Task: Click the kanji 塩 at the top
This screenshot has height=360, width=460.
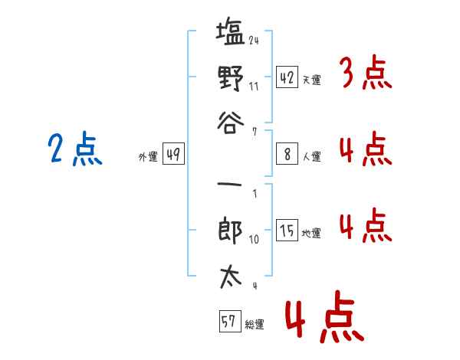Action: point(230,31)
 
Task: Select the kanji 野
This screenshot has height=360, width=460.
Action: point(231,78)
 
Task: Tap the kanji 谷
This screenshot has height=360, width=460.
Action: point(231,123)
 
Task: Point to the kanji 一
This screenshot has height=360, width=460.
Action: point(229,185)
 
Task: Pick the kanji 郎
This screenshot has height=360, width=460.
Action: point(230,230)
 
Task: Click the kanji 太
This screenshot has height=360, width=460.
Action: point(231,277)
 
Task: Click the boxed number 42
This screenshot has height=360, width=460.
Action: point(287,77)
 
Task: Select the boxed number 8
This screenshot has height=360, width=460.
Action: point(287,154)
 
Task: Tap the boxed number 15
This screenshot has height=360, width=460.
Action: point(287,230)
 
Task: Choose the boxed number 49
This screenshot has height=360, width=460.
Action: point(173,154)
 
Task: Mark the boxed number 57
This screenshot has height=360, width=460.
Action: point(230,321)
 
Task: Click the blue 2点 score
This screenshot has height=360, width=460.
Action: point(75,149)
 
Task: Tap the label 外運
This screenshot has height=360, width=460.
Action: point(148,156)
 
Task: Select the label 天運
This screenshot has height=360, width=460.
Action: point(312,80)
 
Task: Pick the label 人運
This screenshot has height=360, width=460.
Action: point(312,156)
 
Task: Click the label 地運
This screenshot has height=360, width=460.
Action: point(311,234)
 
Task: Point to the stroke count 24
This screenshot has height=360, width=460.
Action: point(254,40)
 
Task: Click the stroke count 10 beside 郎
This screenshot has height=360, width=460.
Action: point(254,240)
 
